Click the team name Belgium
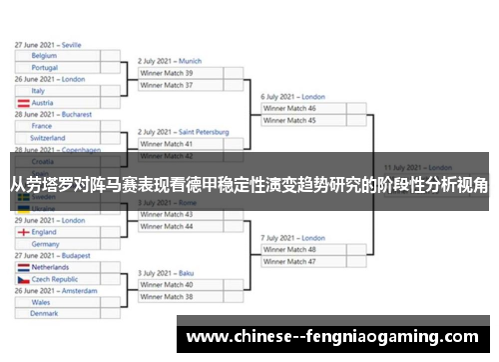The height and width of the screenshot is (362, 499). [44, 56]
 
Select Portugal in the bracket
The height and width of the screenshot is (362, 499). [44, 68]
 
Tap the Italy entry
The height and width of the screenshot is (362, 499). [38, 91]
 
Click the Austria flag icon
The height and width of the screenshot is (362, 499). [23, 103]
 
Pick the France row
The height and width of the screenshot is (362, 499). [41, 126]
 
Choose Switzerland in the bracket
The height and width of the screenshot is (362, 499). [48, 138]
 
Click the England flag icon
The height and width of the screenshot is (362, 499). [23, 232]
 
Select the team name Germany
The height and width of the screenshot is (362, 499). [45, 244]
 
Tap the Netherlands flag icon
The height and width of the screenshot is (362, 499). [23, 267]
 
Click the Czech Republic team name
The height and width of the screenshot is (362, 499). [55, 279]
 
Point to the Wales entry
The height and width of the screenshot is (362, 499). [41, 302]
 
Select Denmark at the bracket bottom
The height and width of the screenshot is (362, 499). [44, 314]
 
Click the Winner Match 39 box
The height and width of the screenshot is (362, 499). [167, 73]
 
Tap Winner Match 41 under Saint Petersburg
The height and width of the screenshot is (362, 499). [167, 144]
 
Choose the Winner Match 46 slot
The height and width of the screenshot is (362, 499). [289, 108]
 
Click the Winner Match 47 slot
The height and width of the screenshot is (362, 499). [289, 261]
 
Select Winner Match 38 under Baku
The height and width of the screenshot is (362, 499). [167, 297]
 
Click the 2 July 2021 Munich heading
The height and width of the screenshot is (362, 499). [170, 61]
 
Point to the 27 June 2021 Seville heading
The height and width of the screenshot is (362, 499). [48, 45]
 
